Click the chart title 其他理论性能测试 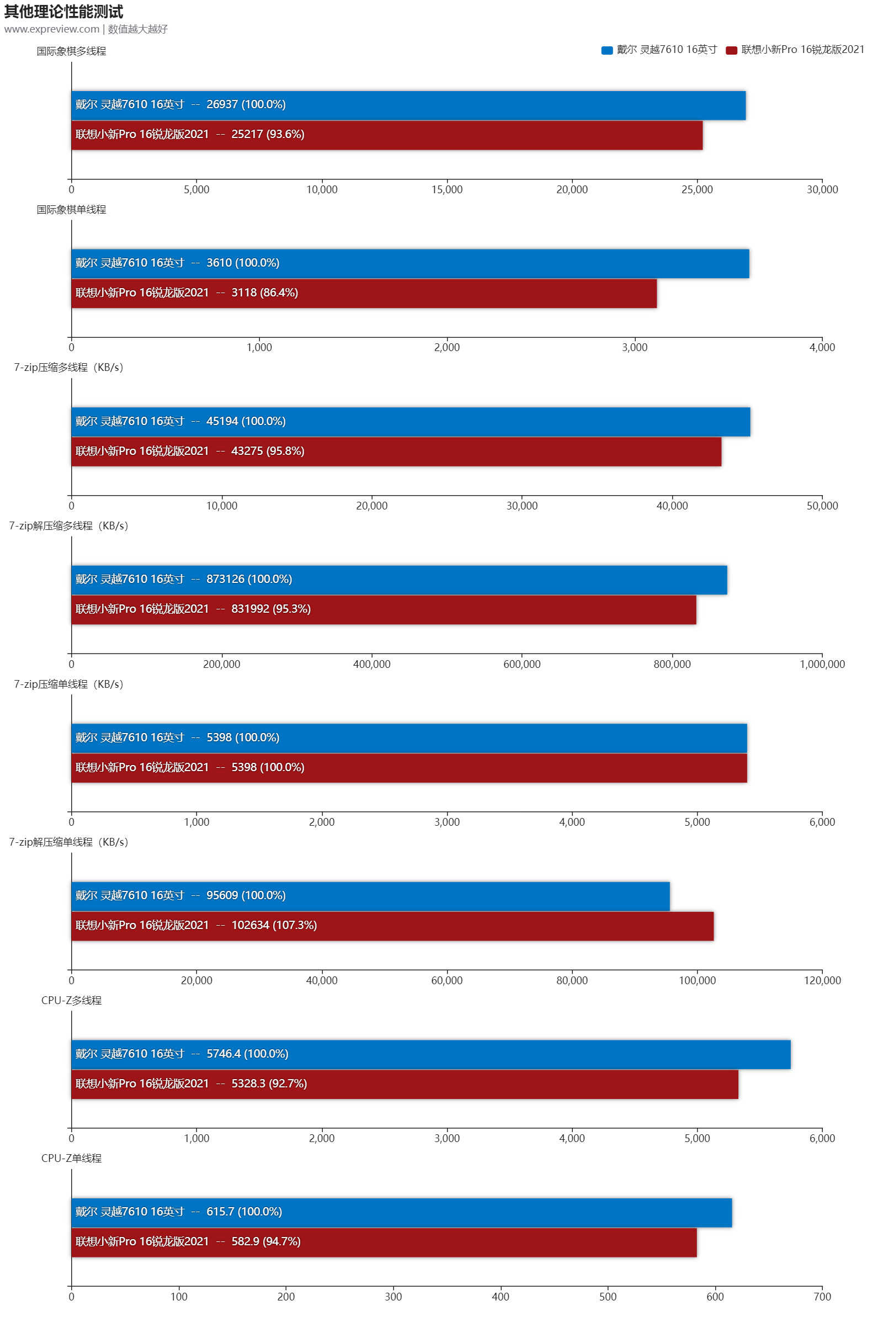tap(63, 12)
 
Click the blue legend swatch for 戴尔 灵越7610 tap(606, 50)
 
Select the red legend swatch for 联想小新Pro tap(731, 50)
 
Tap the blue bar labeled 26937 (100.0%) tap(408, 105)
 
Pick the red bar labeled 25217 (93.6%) tap(386, 135)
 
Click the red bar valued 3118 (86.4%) tap(364, 293)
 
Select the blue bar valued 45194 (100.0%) tap(411, 422)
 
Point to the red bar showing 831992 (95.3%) tap(384, 610)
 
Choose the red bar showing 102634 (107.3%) tap(392, 926)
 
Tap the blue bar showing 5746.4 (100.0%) tap(430, 1054)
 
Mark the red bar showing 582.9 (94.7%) tap(384, 1242)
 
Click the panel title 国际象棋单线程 tap(71, 209)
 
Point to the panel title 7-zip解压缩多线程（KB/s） tap(68, 525)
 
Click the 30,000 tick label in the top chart tap(822, 189)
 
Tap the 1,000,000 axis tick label tap(822, 664)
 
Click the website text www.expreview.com tap(52, 29)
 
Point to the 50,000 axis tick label tap(822, 505)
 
